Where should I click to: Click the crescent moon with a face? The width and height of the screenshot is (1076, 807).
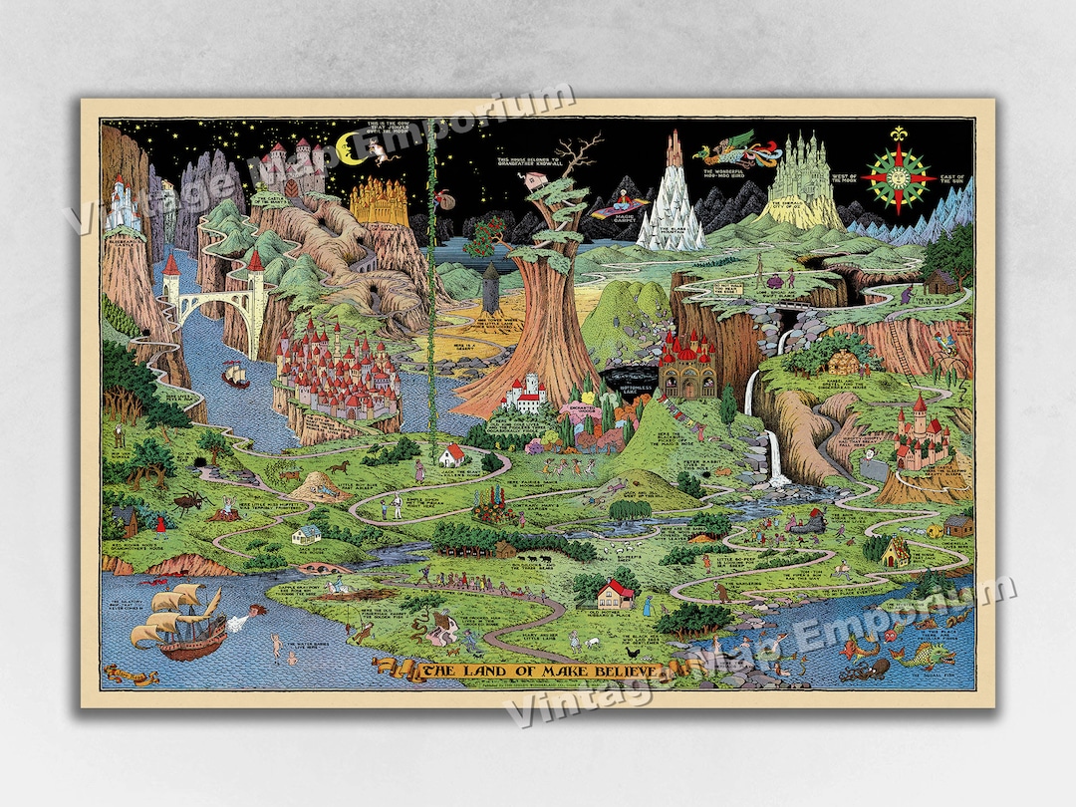tap(350, 149)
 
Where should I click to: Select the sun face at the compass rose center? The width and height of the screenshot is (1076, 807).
tap(900, 177)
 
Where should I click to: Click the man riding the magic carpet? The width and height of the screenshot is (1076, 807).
tap(619, 204)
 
